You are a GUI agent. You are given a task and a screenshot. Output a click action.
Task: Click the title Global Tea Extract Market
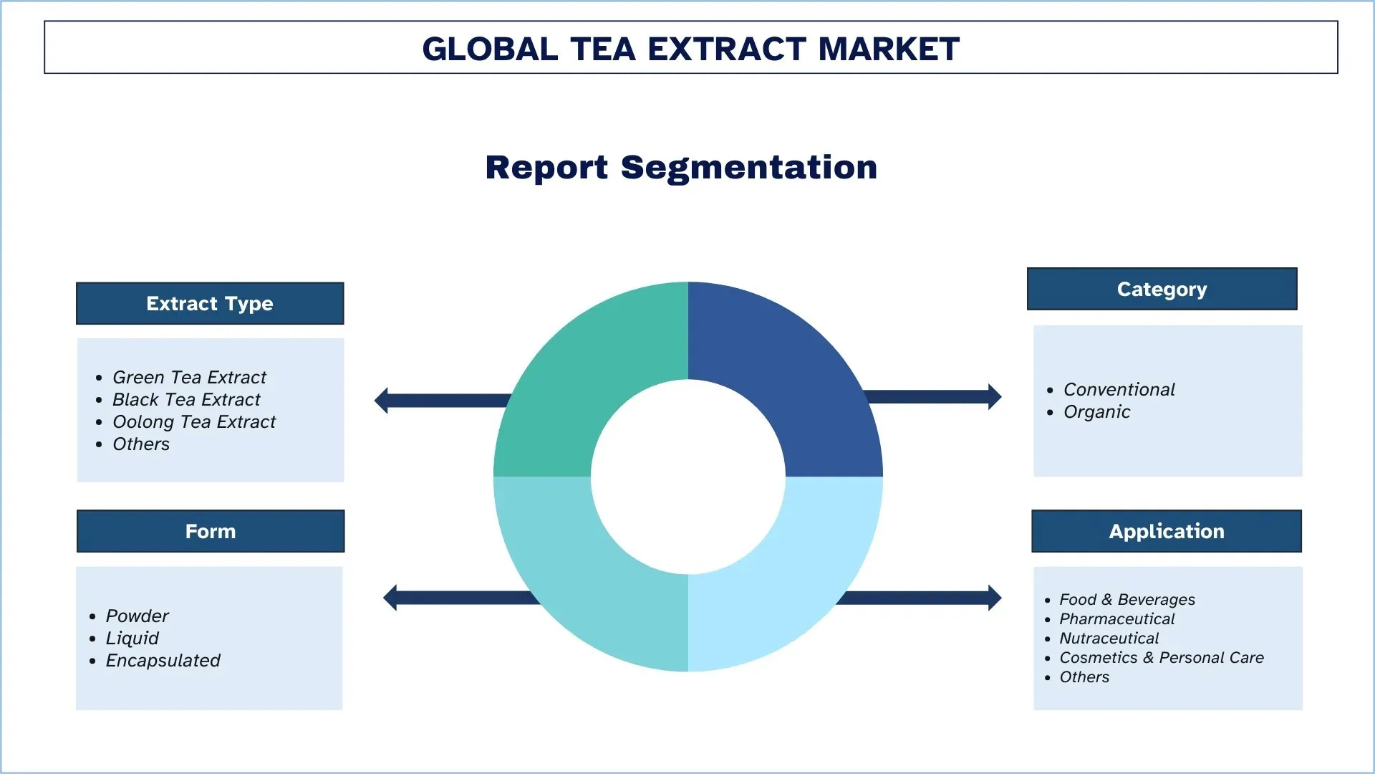click(690, 49)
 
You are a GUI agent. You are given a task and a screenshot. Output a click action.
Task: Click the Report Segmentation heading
click(681, 167)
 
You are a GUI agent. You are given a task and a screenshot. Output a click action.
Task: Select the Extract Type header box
click(210, 303)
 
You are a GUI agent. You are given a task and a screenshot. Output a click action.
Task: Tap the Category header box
click(1162, 289)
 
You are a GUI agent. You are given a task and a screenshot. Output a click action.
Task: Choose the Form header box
click(211, 531)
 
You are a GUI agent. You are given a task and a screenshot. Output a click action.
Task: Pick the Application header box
click(1167, 531)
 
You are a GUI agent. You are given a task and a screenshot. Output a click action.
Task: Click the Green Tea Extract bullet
click(189, 377)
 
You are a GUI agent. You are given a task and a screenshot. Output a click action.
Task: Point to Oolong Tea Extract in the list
click(194, 421)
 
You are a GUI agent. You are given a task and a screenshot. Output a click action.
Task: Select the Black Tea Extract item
click(186, 399)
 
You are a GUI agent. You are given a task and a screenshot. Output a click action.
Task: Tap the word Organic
click(1096, 412)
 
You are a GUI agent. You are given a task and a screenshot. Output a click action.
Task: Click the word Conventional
click(1119, 389)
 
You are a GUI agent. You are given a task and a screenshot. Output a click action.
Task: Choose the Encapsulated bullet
click(163, 661)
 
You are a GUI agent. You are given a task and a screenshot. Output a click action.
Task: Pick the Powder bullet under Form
click(137, 616)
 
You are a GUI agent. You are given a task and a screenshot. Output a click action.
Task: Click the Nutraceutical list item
click(1109, 638)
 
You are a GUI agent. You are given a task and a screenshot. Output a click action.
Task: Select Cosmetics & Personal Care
click(1162, 657)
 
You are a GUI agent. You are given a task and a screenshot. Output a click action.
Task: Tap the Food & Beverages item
click(1127, 599)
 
